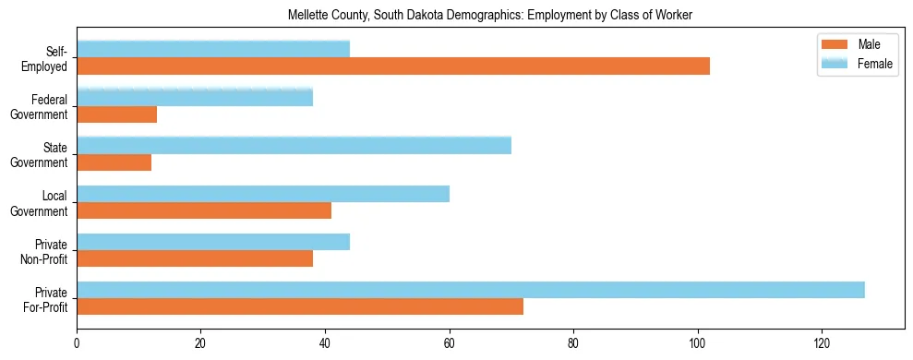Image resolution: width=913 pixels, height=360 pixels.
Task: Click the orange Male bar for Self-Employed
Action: coord(392,66)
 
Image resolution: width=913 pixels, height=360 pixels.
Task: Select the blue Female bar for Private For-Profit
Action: coord(470,290)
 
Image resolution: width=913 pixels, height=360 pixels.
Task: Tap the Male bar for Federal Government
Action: coord(116,114)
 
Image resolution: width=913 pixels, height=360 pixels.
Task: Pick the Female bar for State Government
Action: coord(294,145)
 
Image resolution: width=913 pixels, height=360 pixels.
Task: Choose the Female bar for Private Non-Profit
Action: coord(212,242)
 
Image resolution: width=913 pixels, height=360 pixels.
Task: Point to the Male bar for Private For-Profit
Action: coord(299,306)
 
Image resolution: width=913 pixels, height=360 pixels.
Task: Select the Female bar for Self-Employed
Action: coord(212,49)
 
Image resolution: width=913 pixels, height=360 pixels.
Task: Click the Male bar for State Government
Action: coord(114,162)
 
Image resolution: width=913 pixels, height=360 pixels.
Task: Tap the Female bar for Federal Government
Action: coord(194,97)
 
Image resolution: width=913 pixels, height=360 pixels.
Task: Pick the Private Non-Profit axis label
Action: coord(46,251)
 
